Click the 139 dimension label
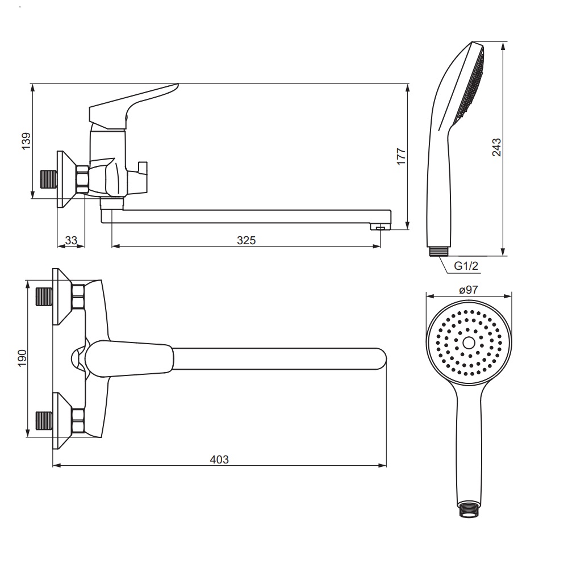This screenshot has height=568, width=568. pos(26,141)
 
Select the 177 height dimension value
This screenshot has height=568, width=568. pos(402,157)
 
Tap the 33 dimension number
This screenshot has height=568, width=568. pos(72,240)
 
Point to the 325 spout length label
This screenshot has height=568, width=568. pos(247,240)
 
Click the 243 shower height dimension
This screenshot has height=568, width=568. pos(496,147)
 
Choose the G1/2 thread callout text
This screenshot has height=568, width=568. pos(466,266)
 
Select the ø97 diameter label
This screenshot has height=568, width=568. pos(469,290)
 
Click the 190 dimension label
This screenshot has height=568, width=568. pos(22,358)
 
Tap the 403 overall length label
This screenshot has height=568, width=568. pos(219,460)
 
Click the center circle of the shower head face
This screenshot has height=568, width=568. pos(469,343)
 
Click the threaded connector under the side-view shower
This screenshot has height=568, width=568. pos(439,252)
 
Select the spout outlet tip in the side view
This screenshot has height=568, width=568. pos(380,227)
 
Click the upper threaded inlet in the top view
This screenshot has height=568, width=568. pos(44,296)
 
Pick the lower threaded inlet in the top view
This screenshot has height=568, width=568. pos(44,421)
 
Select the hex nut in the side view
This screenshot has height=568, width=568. pos(82,179)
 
